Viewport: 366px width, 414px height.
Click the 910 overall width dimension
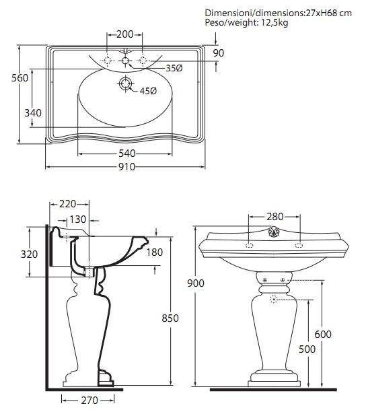tap(126, 167)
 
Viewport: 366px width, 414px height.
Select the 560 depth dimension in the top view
tap(20, 78)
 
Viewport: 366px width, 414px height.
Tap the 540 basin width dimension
tap(127, 153)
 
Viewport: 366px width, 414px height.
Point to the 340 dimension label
tap(33, 113)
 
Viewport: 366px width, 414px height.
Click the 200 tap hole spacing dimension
tap(125, 34)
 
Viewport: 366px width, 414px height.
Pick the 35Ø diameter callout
tap(174, 69)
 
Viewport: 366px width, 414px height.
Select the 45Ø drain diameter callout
tap(148, 91)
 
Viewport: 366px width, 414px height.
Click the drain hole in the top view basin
tap(125, 83)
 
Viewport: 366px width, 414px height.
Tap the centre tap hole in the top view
tap(125, 61)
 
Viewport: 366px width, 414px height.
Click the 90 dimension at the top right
tap(219, 53)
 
